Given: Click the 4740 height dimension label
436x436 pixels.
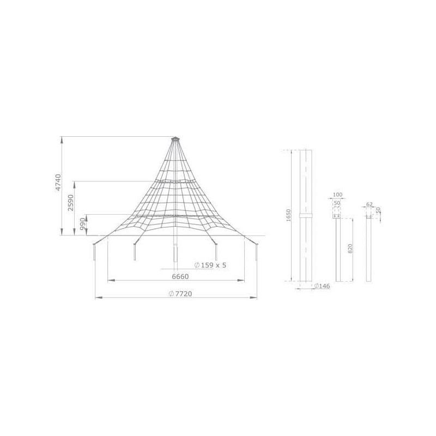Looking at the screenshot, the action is pyautogui.click(x=58, y=183).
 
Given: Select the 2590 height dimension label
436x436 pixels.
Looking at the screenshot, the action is pyautogui.click(x=71, y=202).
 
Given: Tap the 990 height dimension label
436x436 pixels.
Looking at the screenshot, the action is pyautogui.click(x=83, y=224).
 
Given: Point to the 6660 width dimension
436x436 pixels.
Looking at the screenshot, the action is pyautogui.click(x=180, y=276).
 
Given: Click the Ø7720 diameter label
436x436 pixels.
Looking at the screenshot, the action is pyautogui.click(x=180, y=294).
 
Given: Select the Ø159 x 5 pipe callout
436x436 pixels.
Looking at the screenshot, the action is pyautogui.click(x=210, y=265).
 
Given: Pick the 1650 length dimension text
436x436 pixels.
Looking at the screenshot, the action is pyautogui.click(x=288, y=215).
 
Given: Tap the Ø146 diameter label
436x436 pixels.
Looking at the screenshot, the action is pyautogui.click(x=322, y=286).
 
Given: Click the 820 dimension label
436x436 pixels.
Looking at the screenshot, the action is pyautogui.click(x=350, y=249).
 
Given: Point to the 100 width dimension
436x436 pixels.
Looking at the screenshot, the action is pyautogui.click(x=337, y=195).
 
